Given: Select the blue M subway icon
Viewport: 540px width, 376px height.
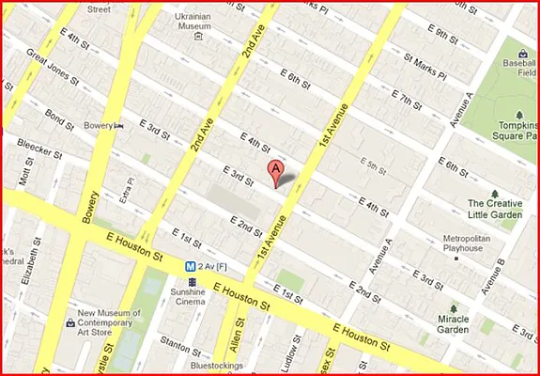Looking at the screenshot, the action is point(190,266).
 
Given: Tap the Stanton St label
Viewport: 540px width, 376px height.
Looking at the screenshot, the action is point(174,344).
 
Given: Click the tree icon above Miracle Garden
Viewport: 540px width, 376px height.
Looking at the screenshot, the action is point(454,308).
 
